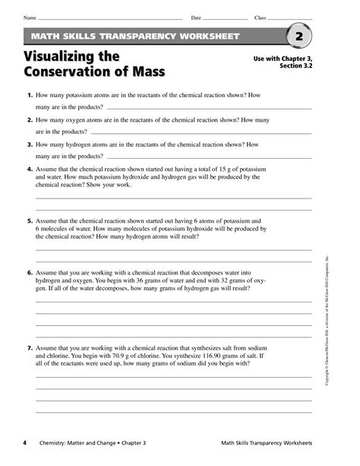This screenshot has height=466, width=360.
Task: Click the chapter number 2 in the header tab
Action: [299, 36]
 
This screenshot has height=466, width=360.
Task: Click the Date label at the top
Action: [196, 17]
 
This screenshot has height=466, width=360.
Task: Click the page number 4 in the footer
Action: [25, 444]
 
